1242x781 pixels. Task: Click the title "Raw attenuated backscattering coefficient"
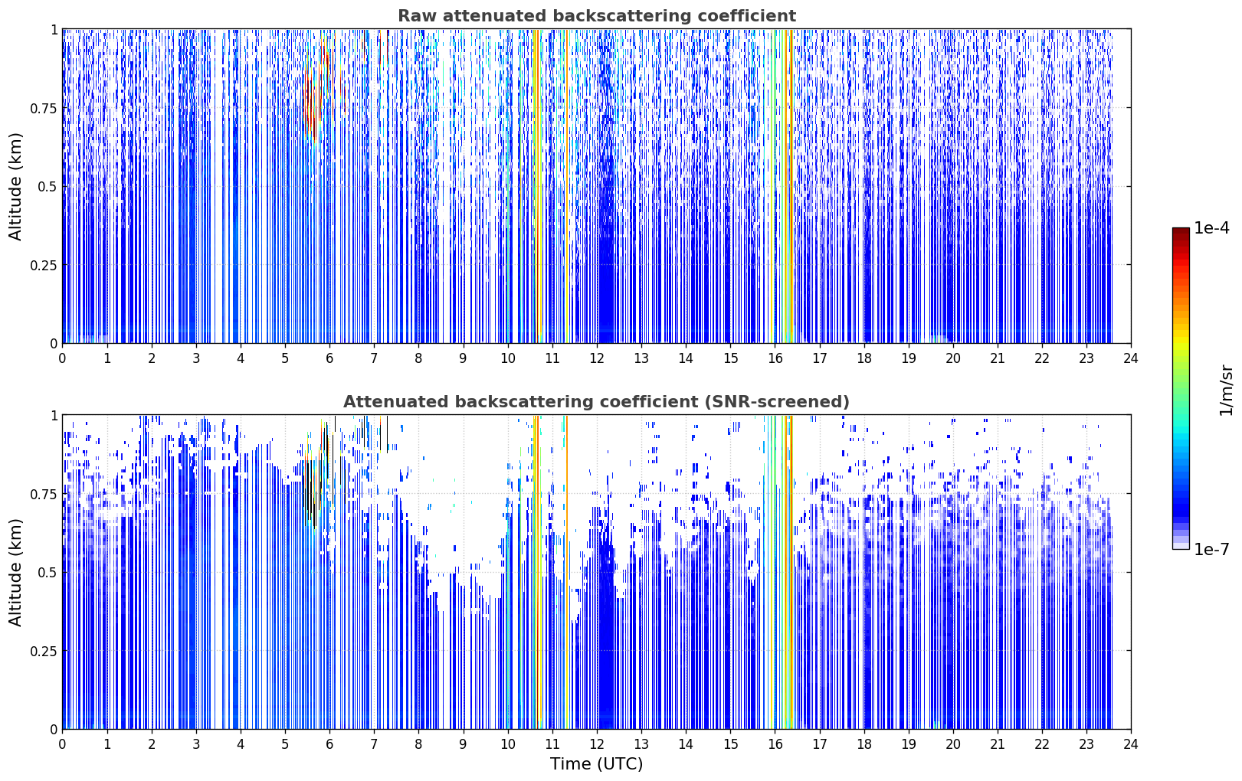597,15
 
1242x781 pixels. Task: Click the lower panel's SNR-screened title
597,401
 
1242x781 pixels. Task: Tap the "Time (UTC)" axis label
597,764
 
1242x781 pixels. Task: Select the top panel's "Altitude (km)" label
15,187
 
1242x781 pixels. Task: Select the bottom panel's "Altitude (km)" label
15,572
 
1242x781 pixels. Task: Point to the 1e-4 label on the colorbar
1212,227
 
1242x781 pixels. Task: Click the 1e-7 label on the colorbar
1212,550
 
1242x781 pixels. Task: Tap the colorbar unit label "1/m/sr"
1226,390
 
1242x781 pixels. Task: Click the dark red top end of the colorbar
1181,230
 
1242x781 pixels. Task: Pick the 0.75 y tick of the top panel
43,108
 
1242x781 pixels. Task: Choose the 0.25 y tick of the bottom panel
43,651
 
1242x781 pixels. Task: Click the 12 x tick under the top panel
597,358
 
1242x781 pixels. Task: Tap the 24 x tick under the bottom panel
1131,744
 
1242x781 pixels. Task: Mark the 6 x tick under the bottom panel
329,744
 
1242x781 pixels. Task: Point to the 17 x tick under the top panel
820,358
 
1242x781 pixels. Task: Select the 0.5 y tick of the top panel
48,187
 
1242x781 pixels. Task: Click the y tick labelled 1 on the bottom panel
54,416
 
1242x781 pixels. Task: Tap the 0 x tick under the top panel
62,358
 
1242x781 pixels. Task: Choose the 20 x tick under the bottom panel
953,744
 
